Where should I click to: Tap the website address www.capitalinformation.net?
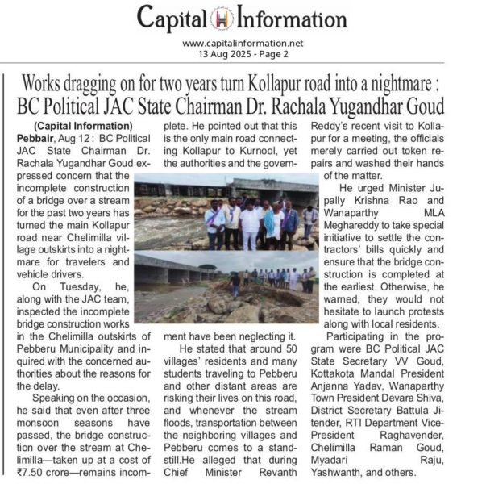[242, 43]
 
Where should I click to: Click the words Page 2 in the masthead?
[272, 54]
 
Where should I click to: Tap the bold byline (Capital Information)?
[83, 126]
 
